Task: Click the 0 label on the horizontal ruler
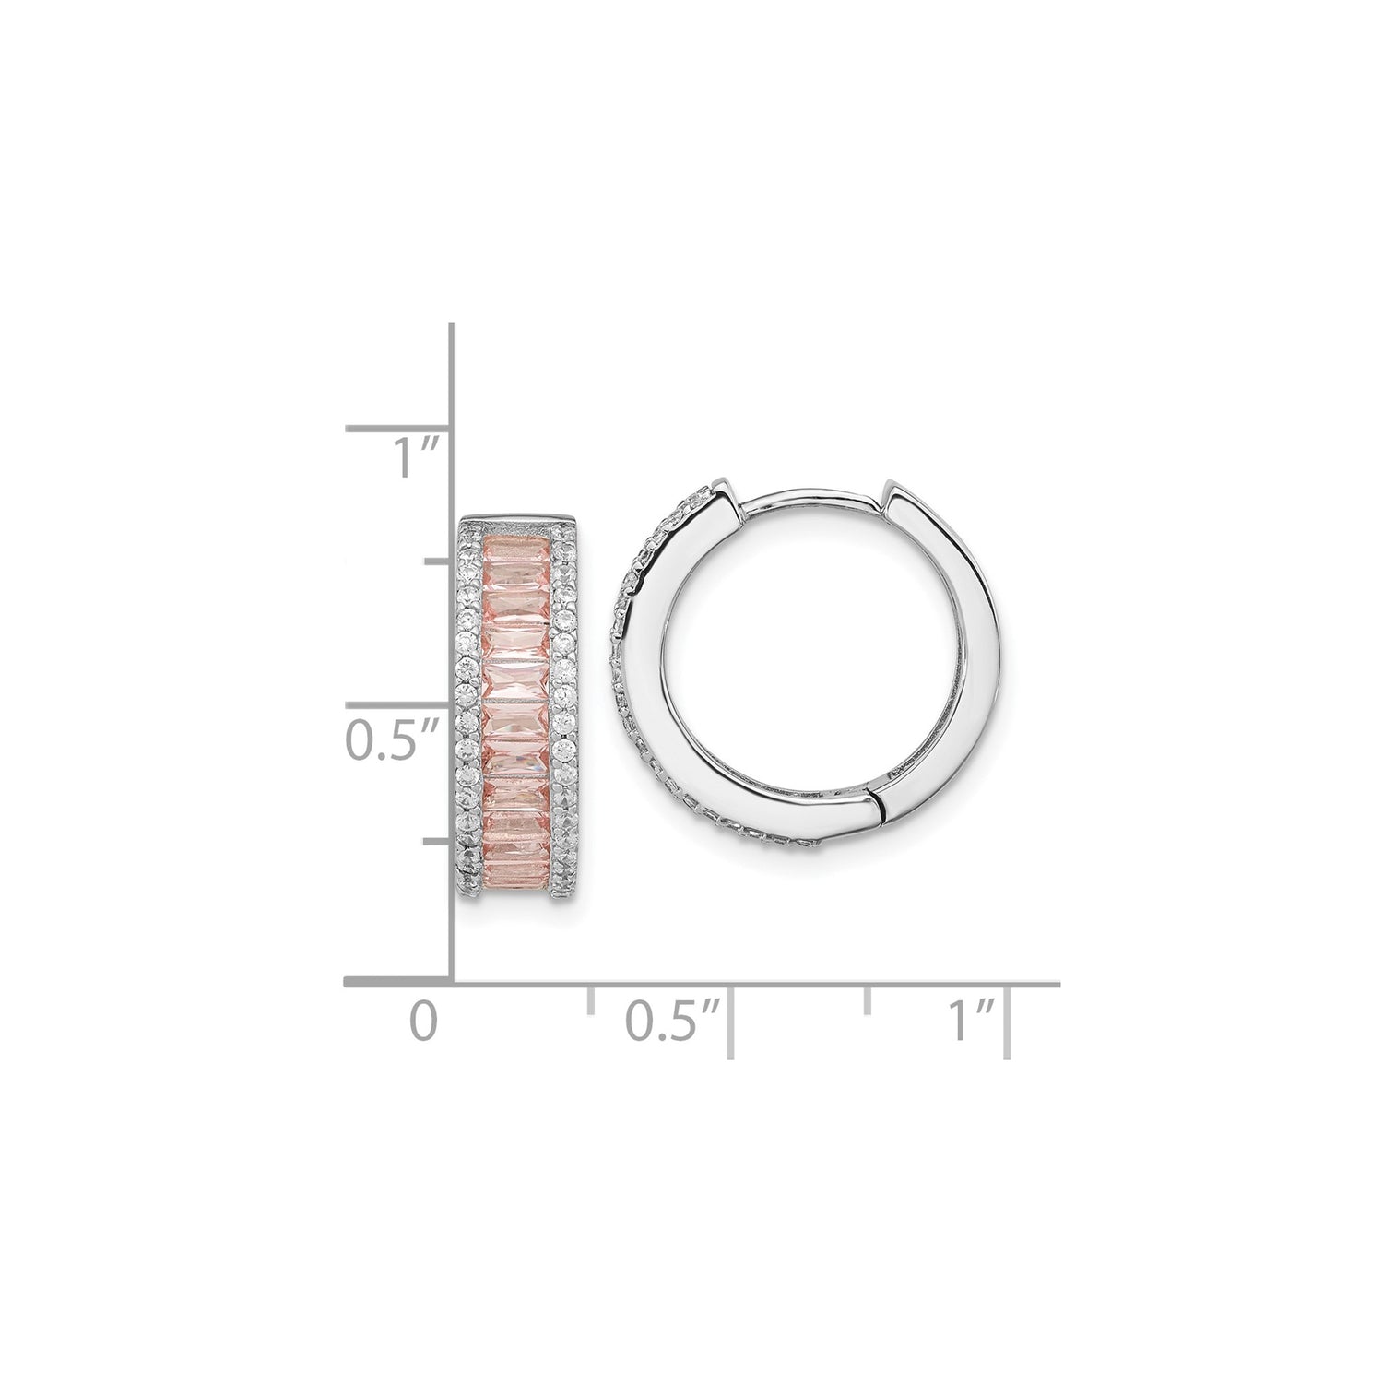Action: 423,1023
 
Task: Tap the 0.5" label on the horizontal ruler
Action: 672,1023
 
